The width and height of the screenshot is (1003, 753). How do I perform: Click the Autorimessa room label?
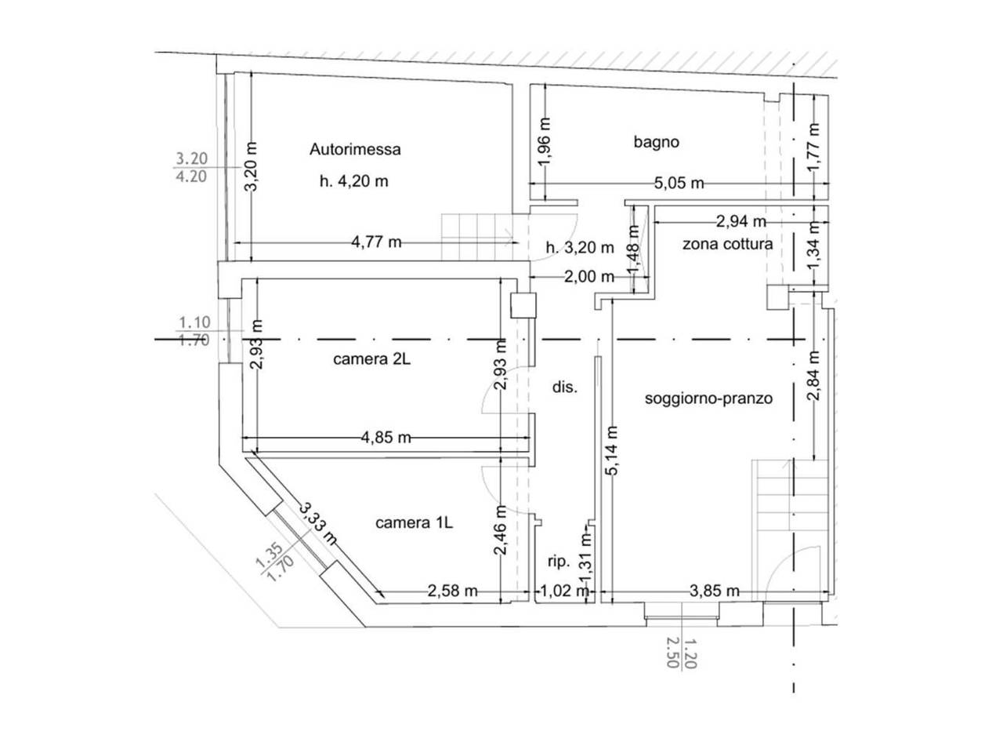[355, 150]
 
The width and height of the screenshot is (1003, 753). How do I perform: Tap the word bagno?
[656, 142]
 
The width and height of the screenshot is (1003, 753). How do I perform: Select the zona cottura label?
[727, 244]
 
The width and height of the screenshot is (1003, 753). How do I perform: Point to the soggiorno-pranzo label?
[708, 398]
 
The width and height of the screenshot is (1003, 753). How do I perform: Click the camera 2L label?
[371, 359]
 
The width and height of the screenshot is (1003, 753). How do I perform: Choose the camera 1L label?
[414, 522]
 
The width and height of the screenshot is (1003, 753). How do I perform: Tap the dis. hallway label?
[565, 387]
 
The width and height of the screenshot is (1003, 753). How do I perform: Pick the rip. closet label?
[559, 562]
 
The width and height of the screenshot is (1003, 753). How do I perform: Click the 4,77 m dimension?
[376, 242]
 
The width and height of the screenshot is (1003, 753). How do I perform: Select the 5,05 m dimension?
[679, 184]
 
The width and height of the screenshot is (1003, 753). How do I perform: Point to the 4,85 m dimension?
[386, 438]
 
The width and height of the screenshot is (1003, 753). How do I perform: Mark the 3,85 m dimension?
[714, 591]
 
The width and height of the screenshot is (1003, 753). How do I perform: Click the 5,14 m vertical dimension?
[613, 450]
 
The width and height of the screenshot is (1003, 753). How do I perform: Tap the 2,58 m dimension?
[452, 591]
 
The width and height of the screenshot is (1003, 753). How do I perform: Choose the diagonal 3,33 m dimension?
[318, 524]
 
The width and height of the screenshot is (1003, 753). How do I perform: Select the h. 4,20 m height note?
[353, 181]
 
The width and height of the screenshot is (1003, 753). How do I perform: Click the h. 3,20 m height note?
[580, 248]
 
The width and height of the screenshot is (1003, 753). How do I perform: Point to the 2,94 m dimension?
[740, 222]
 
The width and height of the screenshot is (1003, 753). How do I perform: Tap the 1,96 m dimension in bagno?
[545, 142]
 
